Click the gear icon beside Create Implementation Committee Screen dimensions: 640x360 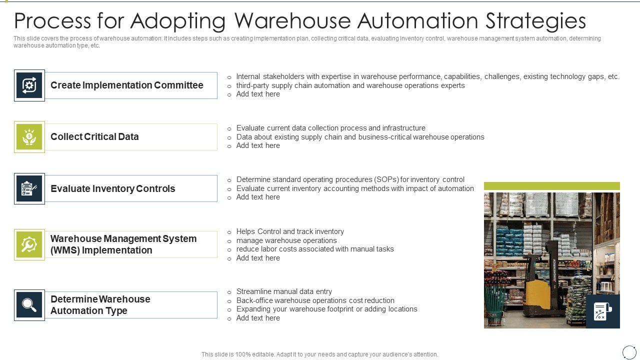(29, 85)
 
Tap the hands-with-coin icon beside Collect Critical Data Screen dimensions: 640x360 (29, 137)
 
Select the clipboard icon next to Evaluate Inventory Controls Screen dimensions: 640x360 (29, 189)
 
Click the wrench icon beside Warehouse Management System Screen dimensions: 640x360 (29, 244)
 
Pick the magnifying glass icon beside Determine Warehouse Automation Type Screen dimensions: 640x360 (29, 305)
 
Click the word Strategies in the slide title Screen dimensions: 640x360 (535, 21)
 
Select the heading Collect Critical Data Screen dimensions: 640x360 (94, 137)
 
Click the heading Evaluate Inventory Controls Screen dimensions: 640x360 (113, 189)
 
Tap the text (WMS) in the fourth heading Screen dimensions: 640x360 (65, 250)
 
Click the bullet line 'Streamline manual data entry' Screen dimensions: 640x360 (284, 291)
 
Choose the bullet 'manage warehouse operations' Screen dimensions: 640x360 (286, 240)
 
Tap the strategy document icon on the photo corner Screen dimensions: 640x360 (602, 311)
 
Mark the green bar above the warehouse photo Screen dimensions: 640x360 (551, 186)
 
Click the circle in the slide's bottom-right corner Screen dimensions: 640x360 (628, 352)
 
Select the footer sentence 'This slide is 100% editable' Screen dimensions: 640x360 (319, 354)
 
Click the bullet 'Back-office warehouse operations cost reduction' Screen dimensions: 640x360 (315, 300)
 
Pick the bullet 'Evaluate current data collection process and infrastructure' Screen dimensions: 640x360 (330, 128)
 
